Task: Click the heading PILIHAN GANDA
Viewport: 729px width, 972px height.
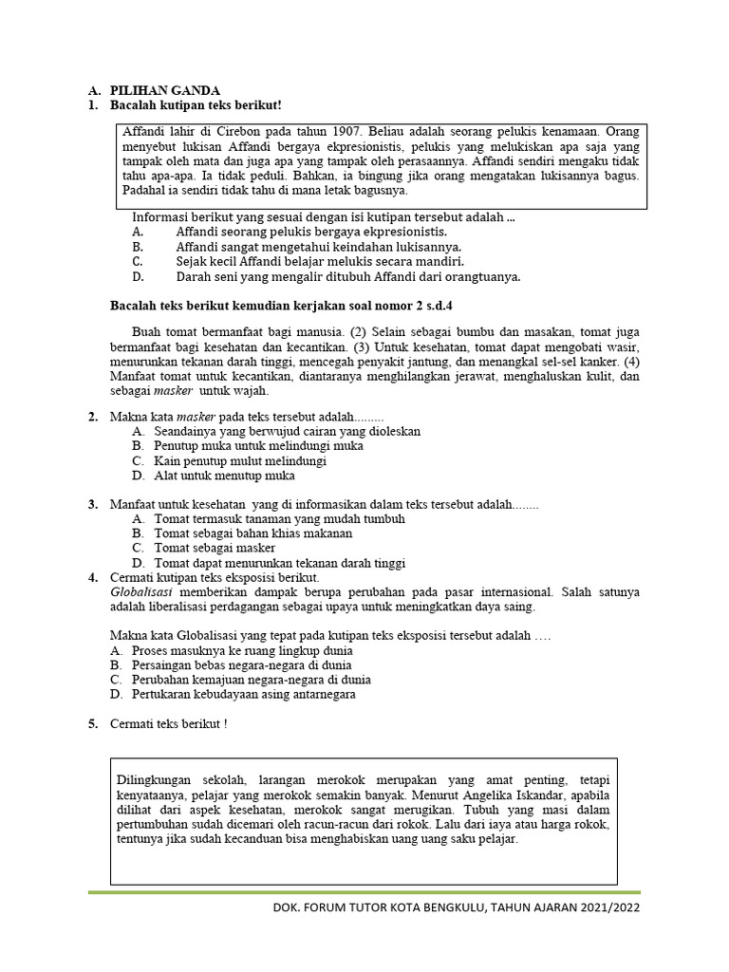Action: [155, 89]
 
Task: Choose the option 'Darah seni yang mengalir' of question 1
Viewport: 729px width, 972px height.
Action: [347, 277]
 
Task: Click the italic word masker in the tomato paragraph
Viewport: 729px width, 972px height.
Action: [171, 391]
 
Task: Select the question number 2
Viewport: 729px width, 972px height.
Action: [93, 417]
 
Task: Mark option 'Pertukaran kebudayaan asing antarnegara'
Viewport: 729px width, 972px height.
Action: [242, 694]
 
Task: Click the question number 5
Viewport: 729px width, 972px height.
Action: [93, 724]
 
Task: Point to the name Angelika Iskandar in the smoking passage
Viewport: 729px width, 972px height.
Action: [541, 794]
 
